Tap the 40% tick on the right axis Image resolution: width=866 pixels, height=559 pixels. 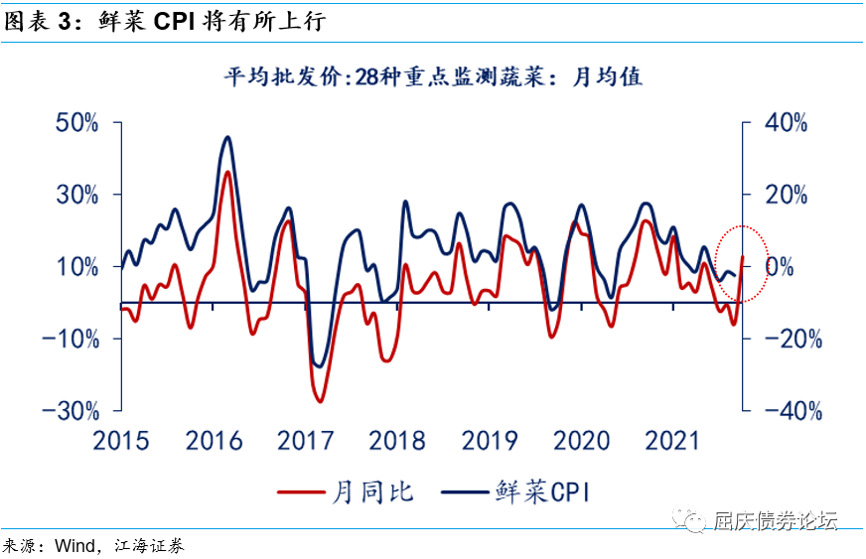click(785, 124)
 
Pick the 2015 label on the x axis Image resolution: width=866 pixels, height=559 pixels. click(120, 441)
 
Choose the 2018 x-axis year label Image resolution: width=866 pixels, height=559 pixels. click(398, 441)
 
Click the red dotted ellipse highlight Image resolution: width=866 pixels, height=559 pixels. click(741, 262)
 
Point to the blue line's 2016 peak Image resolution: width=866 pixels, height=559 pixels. click(227, 137)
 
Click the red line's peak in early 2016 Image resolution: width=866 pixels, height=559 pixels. click(228, 173)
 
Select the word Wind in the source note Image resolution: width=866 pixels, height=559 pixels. click(75, 545)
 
